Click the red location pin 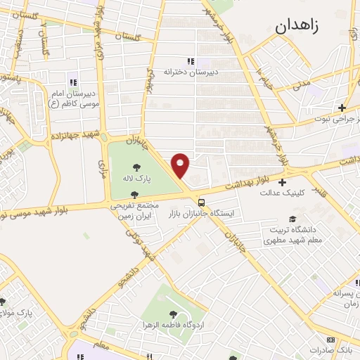181,165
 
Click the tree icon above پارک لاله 136,167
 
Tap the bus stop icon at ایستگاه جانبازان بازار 202,200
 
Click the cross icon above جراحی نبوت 342,108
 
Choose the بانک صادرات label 342,349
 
